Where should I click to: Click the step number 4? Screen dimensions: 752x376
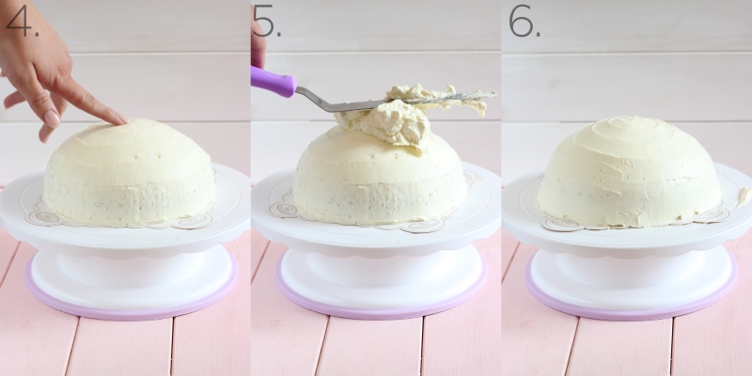[x=22, y=20]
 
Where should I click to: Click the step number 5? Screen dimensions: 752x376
[x=267, y=22]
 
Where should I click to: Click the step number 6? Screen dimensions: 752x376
[x=525, y=21]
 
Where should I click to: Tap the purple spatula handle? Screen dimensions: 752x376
[x=274, y=81]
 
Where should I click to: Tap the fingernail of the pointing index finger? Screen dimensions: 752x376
[x=122, y=118]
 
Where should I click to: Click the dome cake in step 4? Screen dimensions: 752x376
[x=130, y=172]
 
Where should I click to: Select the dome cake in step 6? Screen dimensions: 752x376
[x=629, y=172]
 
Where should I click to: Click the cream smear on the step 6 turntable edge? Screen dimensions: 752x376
[x=744, y=196]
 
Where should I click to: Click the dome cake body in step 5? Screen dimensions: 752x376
[x=379, y=182]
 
